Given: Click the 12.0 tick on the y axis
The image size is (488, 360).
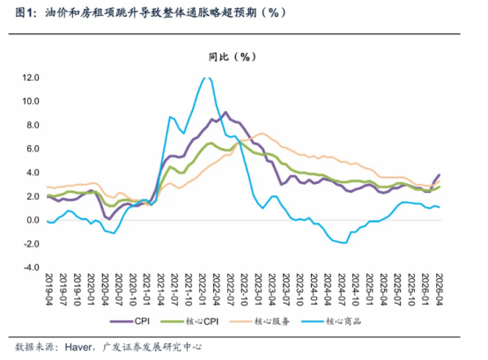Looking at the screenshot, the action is (31, 77).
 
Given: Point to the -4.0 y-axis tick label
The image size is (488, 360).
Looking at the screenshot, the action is (31, 268).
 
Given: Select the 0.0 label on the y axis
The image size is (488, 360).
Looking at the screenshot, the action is (33, 220).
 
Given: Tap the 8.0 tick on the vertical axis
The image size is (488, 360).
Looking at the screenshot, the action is (33, 125).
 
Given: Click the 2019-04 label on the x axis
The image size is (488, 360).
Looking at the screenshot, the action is (49, 290).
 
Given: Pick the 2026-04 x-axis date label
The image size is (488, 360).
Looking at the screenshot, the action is (439, 290).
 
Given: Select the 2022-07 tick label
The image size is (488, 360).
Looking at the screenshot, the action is (230, 290).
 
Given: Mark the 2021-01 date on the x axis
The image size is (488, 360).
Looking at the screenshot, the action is (146, 290).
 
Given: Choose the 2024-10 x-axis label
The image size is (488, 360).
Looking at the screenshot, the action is (355, 290).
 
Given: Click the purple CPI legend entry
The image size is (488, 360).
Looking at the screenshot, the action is (129, 321).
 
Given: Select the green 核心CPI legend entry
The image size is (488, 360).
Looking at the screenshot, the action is (189, 321).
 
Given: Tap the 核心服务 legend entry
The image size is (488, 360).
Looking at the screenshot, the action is (260, 321).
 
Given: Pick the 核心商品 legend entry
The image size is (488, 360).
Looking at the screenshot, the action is (331, 321).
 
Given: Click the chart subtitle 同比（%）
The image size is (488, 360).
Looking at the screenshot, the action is (233, 57).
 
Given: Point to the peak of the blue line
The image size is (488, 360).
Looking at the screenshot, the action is (208, 77).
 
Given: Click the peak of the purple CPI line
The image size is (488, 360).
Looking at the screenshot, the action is (226, 112).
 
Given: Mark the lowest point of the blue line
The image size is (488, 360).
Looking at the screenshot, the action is (344, 243).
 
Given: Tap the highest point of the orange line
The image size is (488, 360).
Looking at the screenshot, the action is (262, 134).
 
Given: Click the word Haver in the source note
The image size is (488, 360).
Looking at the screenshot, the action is (78, 347).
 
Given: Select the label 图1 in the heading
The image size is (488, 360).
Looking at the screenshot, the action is (24, 12).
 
